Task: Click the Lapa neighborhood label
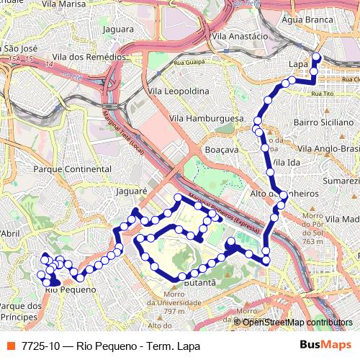coord(297,64)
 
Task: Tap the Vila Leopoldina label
coord(180,91)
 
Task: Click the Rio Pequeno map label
coord(70,289)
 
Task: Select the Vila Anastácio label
coord(240,35)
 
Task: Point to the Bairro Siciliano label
coord(320,123)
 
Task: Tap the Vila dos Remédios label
coord(89,56)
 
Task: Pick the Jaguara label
coord(119,30)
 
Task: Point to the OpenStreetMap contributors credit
coord(297,322)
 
